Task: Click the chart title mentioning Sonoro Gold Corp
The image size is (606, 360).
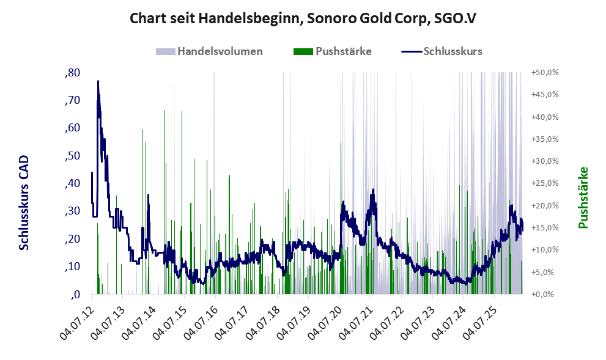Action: tap(303, 18)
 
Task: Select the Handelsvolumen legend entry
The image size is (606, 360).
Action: tap(209, 51)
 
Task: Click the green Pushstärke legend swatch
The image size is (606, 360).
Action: tap(303, 51)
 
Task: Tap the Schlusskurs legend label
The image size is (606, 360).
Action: tap(453, 51)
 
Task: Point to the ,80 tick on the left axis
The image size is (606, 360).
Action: tap(73, 73)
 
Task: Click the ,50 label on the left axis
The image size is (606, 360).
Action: tap(73, 156)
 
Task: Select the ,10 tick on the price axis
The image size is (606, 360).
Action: tap(73, 266)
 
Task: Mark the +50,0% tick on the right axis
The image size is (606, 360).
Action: tap(545, 73)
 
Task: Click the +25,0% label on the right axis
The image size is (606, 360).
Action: tap(545, 183)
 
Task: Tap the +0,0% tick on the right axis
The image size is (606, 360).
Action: tap(547, 295)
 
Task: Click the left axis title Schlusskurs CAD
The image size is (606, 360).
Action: tap(24, 203)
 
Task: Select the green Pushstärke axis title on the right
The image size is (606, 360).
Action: tap(583, 197)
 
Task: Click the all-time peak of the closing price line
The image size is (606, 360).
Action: tap(98, 81)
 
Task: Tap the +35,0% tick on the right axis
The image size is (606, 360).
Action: tap(545, 139)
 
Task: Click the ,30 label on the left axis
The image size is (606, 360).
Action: tap(73, 211)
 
